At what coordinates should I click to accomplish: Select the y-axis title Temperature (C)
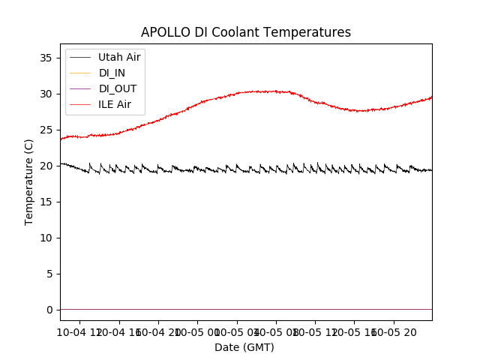pyautogui.click(x=29, y=181)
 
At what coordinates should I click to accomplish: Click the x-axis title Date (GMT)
pyautogui.click(x=244, y=347)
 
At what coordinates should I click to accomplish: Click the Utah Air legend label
pyautogui.click(x=119, y=57)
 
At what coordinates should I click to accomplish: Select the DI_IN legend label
pyautogui.click(x=112, y=73)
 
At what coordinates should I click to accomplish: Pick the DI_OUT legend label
pyautogui.click(x=118, y=88)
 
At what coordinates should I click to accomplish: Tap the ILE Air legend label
pyautogui.click(x=115, y=104)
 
